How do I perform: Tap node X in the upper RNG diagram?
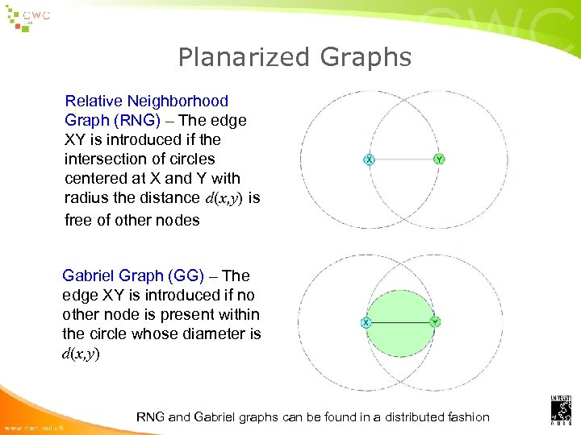pyautogui.click(x=369, y=159)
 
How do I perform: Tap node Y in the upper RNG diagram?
pyautogui.click(x=438, y=159)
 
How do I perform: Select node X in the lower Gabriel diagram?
pyautogui.click(x=366, y=322)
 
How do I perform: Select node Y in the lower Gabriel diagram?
pyautogui.click(x=435, y=322)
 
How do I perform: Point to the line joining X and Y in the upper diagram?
pyautogui.click(x=403, y=159)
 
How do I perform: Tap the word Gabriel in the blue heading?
pyautogui.click(x=90, y=275)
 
